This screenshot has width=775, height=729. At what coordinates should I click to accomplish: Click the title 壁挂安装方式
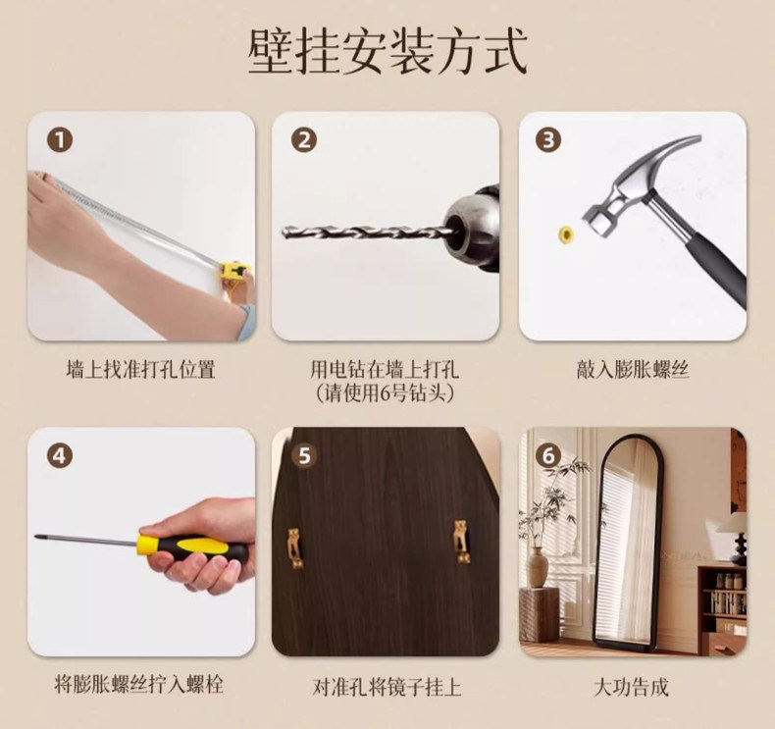click(388, 52)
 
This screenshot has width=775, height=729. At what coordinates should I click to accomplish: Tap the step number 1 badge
click(60, 140)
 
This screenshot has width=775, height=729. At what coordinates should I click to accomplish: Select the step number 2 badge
click(304, 140)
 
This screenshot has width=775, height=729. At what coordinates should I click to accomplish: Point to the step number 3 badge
click(548, 140)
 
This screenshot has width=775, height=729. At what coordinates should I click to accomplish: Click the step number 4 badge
click(60, 455)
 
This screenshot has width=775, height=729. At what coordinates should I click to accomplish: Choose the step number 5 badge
click(304, 455)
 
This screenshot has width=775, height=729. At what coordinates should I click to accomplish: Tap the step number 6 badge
click(548, 455)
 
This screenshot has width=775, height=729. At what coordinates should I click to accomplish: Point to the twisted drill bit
click(365, 232)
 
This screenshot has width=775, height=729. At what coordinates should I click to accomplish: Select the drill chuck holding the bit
click(472, 229)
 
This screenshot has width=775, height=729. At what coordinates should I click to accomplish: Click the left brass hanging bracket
click(294, 547)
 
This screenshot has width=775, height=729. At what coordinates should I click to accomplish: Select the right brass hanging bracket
click(462, 542)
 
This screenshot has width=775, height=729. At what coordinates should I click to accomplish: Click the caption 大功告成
click(631, 687)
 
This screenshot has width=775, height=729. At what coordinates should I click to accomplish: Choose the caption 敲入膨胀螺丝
click(632, 370)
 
